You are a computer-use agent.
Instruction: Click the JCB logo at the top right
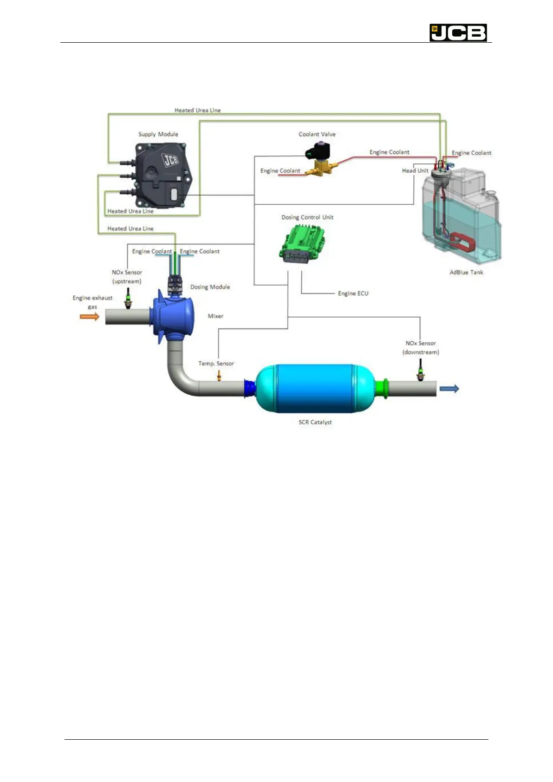(x=458, y=33)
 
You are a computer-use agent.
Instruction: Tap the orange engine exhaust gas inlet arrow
(x=90, y=317)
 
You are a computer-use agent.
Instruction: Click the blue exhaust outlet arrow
(x=449, y=389)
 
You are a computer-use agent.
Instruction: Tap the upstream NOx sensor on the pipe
(x=128, y=298)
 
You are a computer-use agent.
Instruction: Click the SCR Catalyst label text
(x=315, y=422)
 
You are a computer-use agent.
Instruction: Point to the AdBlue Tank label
(x=466, y=272)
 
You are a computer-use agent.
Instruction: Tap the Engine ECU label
(x=353, y=293)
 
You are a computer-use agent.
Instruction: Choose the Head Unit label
(x=415, y=170)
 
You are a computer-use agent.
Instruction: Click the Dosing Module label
(x=210, y=287)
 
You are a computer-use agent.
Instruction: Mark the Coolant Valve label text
(x=317, y=134)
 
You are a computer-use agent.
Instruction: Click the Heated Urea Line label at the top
(x=197, y=110)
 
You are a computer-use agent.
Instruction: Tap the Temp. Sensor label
(x=216, y=364)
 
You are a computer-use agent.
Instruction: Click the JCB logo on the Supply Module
(x=170, y=160)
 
